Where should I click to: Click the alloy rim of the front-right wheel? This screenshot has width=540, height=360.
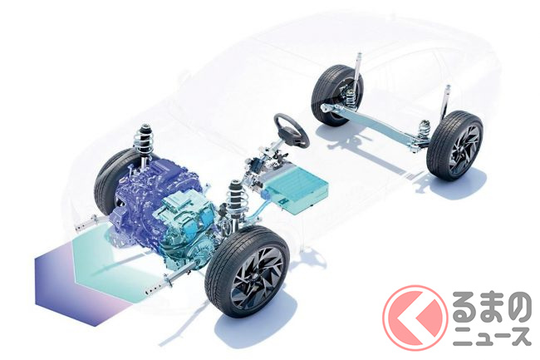pos(257,278)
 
